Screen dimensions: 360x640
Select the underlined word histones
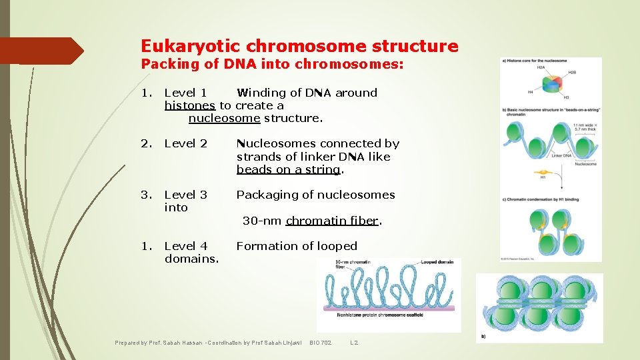coord(190,105)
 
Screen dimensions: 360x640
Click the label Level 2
coord(185,143)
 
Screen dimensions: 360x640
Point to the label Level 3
coord(185,195)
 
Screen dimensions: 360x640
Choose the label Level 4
coord(185,246)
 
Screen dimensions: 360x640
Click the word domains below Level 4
coord(191,258)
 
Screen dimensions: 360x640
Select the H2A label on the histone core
coord(541,67)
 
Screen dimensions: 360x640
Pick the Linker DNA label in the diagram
coord(561,155)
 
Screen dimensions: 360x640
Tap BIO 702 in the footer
coord(320,343)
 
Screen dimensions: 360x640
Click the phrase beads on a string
coord(288,169)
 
